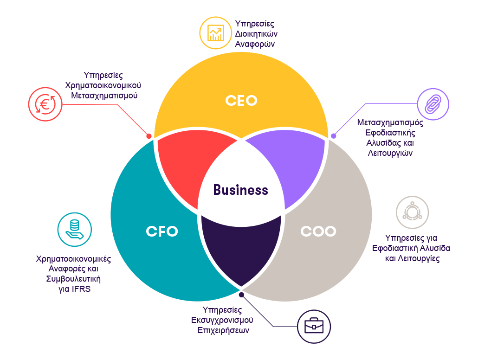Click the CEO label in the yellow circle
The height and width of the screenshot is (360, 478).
tap(241, 100)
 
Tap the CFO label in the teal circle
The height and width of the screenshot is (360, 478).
tap(162, 231)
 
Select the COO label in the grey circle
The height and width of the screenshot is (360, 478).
tap(318, 231)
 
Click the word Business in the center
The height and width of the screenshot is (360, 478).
tap(240, 190)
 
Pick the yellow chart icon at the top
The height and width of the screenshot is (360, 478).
tap(216, 33)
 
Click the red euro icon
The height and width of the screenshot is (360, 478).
tap(45, 104)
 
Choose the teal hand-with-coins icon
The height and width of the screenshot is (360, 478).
tap(74, 229)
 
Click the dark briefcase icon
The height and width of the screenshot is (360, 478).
tap(314, 326)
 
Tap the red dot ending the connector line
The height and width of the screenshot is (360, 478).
tap(149, 136)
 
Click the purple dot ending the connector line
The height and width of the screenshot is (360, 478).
tap(333, 136)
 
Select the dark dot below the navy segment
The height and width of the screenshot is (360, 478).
tap(241, 295)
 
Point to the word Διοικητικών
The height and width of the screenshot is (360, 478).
tap(256, 34)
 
